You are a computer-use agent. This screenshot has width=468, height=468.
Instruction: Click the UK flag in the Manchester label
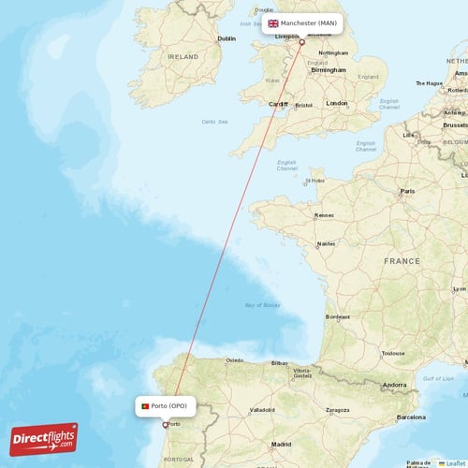(x=273, y=22)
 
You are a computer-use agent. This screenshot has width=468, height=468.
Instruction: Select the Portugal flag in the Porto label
(x=145, y=406)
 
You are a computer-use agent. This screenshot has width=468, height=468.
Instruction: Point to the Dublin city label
(x=226, y=39)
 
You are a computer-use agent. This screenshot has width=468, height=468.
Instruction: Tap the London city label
(x=336, y=103)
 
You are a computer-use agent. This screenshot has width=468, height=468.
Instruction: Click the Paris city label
(x=408, y=191)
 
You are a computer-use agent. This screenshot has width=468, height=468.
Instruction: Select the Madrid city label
(x=281, y=445)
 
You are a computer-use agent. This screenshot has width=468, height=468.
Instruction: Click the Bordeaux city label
(x=337, y=316)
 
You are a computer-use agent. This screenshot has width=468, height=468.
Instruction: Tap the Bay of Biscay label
(x=262, y=305)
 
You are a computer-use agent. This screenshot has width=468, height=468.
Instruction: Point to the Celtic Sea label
(x=215, y=121)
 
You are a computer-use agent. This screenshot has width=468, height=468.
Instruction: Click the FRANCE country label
(x=402, y=261)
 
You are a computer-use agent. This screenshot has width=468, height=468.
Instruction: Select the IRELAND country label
(x=183, y=56)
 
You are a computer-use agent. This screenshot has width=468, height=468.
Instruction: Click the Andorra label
(x=394, y=385)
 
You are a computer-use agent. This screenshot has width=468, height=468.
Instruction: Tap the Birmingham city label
(x=329, y=69)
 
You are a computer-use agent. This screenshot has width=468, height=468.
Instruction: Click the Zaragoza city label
(x=338, y=410)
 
